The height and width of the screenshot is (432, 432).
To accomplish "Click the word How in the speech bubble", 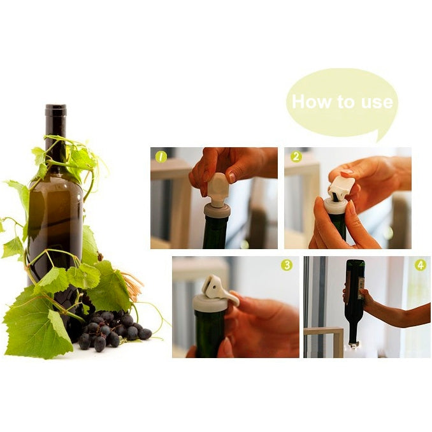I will click(311, 102).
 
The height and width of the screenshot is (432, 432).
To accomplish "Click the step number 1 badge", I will click(161, 156).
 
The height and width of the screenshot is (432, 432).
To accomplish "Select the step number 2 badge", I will click(296, 156).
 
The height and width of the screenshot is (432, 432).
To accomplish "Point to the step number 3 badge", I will click(287, 265).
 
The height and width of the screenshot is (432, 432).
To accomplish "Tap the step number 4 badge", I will click(420, 265).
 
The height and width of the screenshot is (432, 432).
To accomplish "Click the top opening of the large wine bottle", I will click(55, 107).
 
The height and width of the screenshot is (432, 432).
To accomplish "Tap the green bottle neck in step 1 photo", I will click(215, 233).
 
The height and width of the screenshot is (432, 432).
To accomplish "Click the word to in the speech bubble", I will click(345, 102).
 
